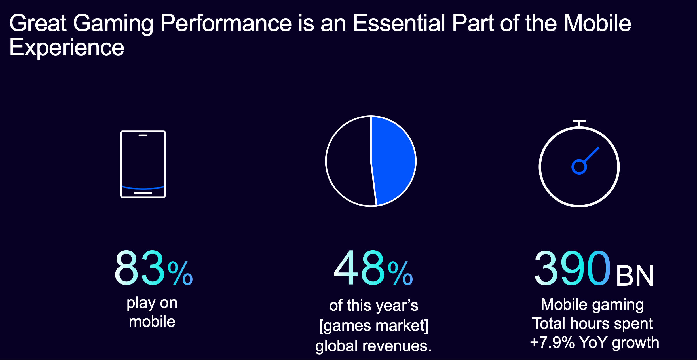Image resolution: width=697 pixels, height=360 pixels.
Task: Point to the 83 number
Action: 140,268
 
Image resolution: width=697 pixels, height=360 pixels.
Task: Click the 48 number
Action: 359,268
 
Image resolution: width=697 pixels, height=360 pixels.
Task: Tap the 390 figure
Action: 572,268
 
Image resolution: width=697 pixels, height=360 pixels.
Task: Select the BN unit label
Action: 635,276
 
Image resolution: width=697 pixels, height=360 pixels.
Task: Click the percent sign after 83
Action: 180,273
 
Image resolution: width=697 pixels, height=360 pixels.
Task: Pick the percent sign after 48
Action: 400,273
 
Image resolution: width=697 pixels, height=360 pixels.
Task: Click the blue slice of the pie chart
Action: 393,160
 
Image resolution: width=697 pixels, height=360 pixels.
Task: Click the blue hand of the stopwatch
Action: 592,154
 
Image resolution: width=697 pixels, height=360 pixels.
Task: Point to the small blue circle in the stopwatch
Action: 579,167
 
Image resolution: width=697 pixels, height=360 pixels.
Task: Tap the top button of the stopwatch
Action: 579,123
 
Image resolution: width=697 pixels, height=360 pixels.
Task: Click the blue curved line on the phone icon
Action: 143,188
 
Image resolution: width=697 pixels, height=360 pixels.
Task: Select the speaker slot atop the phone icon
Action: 143,135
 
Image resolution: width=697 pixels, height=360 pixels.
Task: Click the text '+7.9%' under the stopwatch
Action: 552,342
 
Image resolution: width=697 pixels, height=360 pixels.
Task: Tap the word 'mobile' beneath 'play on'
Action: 152,322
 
